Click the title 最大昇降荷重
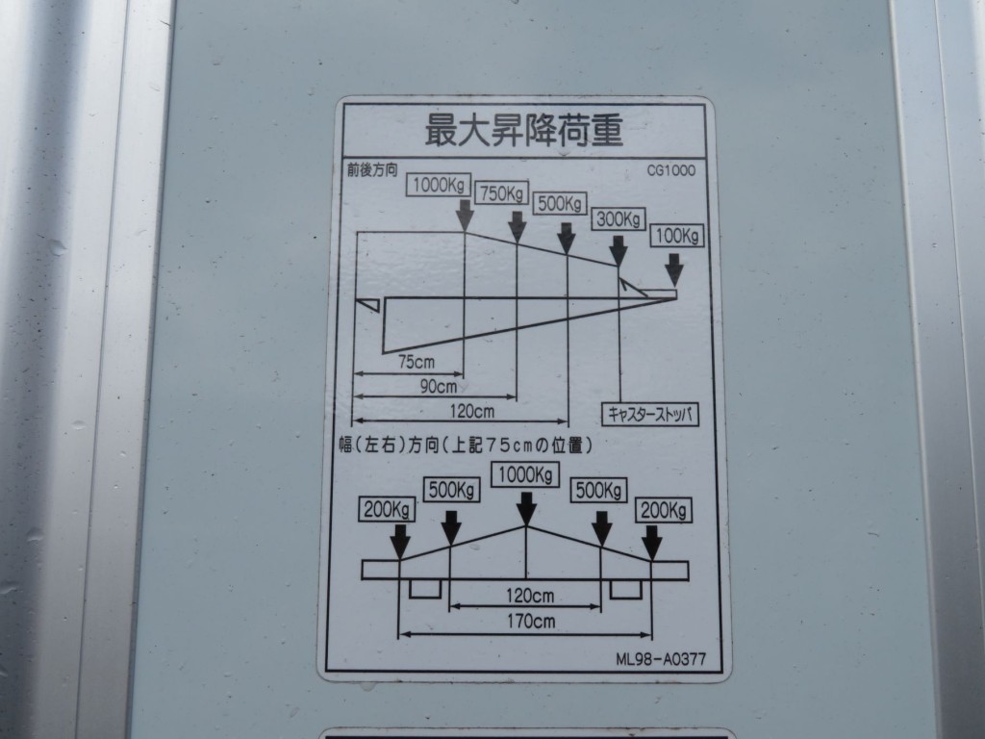[x=524, y=130]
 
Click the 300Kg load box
[x=618, y=219]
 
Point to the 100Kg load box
[x=677, y=235]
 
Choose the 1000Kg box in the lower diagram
[x=525, y=474]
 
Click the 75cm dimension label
[x=416, y=362]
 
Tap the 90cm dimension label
[x=439, y=387]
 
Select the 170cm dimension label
[x=531, y=621]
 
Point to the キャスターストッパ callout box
[x=650, y=414]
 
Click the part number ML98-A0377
[x=661, y=659]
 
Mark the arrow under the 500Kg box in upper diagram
[x=567, y=237]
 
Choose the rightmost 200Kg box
[x=663, y=509]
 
